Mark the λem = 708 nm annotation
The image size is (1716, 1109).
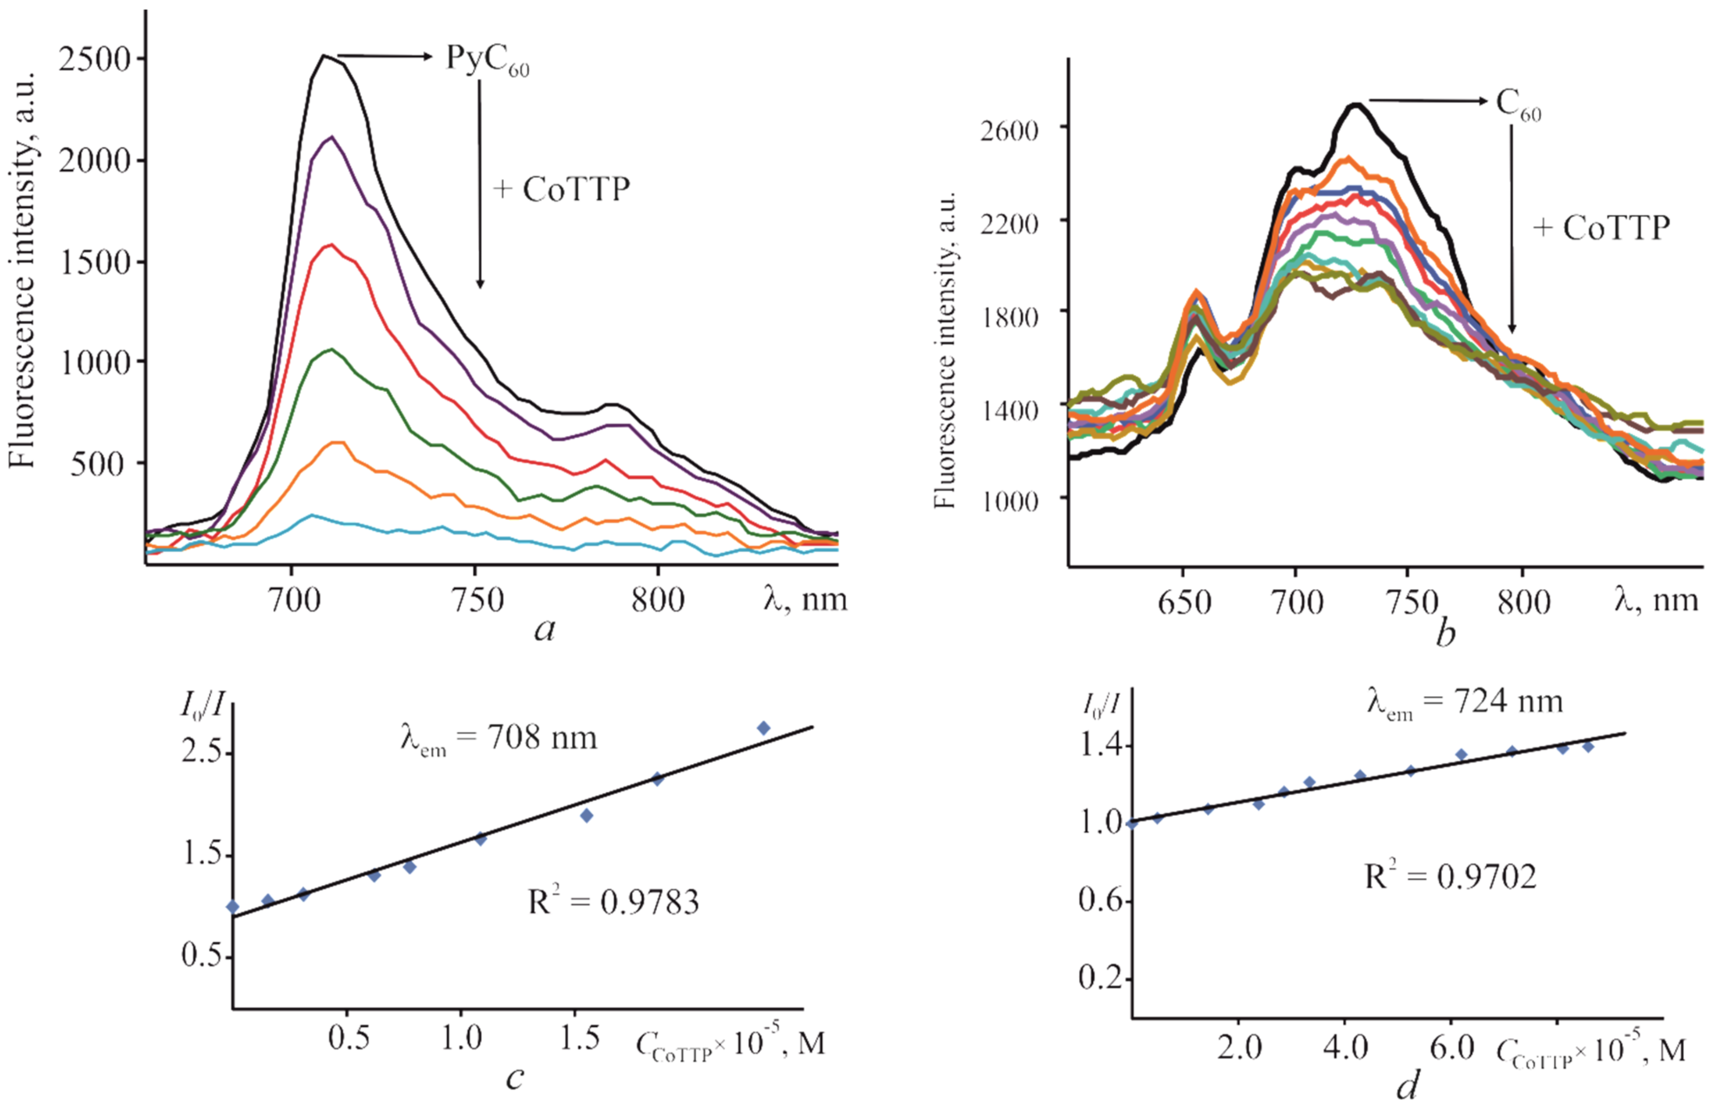point(499,738)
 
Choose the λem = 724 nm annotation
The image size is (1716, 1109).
point(1465,702)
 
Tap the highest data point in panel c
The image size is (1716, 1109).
point(763,728)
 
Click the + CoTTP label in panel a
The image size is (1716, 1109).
point(561,189)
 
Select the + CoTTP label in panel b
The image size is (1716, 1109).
point(1601,228)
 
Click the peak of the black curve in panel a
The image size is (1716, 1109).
point(325,56)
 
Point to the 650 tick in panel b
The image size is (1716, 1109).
point(1184,602)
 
